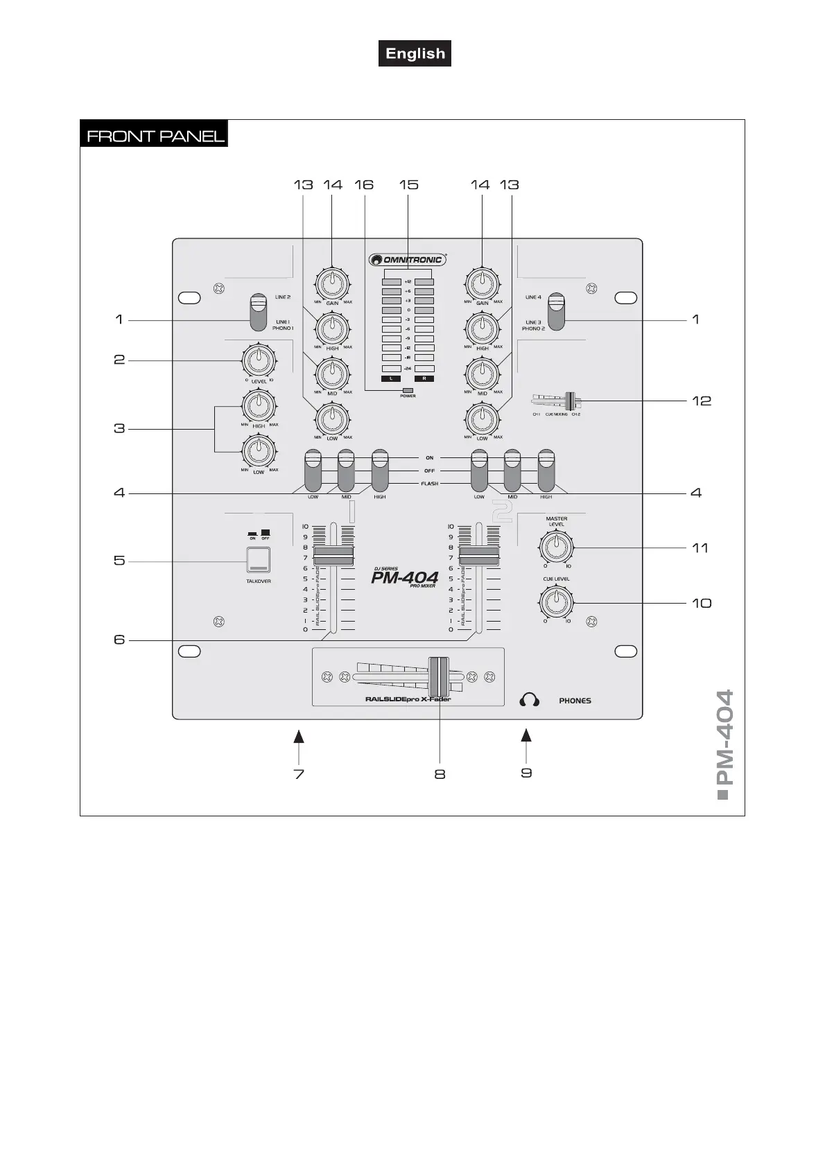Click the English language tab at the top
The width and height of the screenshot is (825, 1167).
point(415,53)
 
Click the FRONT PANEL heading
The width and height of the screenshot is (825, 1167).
point(155,135)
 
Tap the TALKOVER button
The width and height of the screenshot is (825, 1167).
point(259,560)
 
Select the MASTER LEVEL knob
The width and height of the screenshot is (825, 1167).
point(555,547)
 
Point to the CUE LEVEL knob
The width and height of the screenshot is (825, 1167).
point(556,602)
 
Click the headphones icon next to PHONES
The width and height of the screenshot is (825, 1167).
point(529,700)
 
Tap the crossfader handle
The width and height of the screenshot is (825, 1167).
point(439,676)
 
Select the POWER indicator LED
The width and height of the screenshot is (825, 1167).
point(408,391)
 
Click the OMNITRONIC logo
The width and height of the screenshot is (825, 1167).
point(407,260)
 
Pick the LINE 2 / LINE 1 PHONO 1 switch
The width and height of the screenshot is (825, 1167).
point(258,313)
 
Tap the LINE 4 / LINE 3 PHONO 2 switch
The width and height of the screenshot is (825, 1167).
point(556,311)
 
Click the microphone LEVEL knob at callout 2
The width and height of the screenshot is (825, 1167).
point(259,359)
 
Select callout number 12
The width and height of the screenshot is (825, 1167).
point(702,401)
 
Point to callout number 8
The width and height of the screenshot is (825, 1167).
point(440,774)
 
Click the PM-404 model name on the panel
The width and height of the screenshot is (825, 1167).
point(404,577)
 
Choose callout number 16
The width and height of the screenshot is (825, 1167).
point(364,184)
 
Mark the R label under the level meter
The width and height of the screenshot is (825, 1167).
point(424,379)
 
